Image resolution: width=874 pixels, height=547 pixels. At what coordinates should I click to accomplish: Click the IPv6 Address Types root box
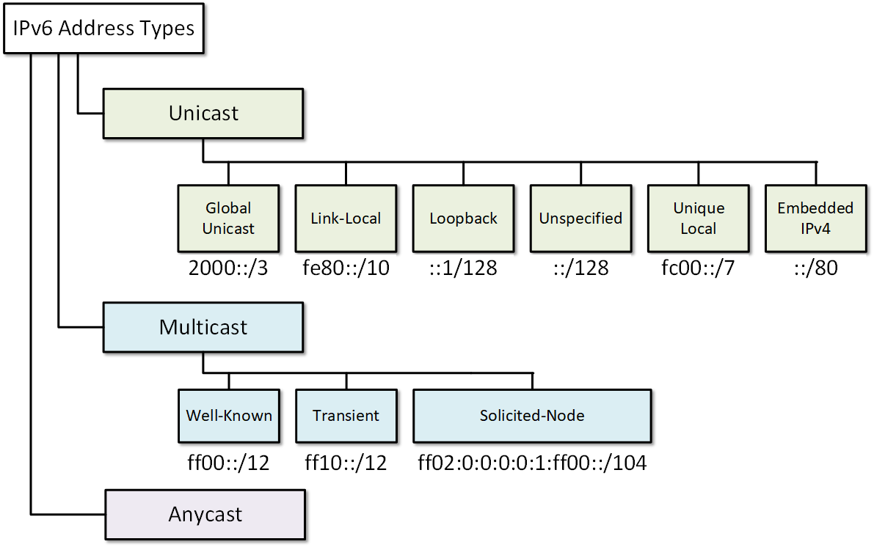pos(103,29)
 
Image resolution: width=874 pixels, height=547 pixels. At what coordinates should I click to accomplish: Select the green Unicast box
pos(203,113)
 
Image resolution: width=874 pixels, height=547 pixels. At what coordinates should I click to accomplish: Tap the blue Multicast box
pos(203,327)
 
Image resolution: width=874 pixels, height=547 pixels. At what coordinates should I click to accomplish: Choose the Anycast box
pos(205,514)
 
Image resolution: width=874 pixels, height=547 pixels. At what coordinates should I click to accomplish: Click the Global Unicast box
pos(228,218)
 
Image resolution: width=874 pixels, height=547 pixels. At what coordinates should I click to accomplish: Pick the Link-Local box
pos(346,218)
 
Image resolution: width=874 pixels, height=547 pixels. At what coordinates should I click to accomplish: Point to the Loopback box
pos(463,218)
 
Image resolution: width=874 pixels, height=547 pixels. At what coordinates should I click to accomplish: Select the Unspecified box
pos(580,218)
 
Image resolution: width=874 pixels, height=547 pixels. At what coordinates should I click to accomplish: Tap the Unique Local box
pos(698,218)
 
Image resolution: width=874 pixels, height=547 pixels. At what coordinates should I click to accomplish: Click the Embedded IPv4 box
pos(815,218)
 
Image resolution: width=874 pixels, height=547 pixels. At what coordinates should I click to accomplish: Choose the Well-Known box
pos(228,416)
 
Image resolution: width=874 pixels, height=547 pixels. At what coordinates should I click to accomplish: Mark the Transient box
pos(346,416)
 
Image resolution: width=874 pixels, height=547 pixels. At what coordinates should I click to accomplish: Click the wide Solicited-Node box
pos(532,416)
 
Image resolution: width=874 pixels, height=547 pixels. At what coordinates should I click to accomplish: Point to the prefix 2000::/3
pos(228,268)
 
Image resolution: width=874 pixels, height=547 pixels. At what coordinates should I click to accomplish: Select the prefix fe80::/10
pos(346,268)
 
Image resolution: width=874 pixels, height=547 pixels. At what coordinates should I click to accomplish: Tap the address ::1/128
pos(463,268)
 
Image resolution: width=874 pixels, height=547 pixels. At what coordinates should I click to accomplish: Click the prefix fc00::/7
pos(698,268)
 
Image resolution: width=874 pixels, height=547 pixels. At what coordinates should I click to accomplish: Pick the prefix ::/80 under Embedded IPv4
pos(815,268)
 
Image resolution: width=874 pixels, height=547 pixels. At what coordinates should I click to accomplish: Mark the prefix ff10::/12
pos(346,463)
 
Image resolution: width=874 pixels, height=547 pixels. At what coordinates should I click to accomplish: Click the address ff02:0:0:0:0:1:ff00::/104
pos(532,463)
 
